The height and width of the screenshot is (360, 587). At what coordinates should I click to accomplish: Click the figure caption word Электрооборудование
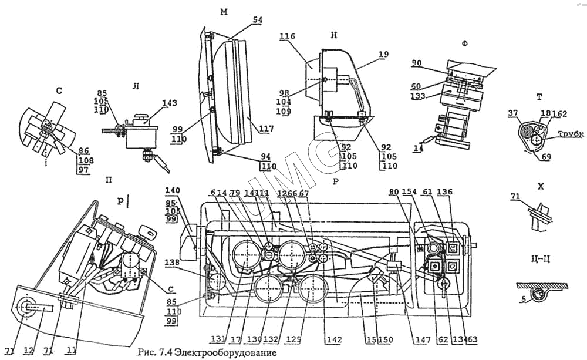pos(224,353)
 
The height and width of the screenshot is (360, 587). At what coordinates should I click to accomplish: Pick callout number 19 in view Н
pos(383,54)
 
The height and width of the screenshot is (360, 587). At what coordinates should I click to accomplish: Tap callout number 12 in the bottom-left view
pos(28,351)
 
